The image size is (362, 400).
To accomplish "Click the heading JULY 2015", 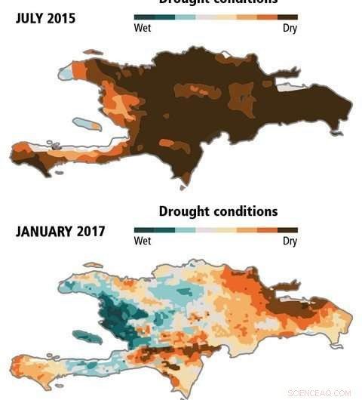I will pos(45,18).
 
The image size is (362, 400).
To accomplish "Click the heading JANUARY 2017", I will pos(60,231).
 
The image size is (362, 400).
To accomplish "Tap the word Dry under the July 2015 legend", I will pos(290,29).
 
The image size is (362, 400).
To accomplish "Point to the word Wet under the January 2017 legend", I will pos(143,242).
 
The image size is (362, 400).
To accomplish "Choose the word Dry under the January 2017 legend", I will pos(290,242).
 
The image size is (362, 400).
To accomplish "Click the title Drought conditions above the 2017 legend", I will pos(218,211).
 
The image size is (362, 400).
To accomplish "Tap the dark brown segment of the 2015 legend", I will pos(287,17).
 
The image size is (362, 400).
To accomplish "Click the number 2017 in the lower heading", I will pos(88,231).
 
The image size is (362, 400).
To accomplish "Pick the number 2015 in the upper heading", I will pos(60,18).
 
